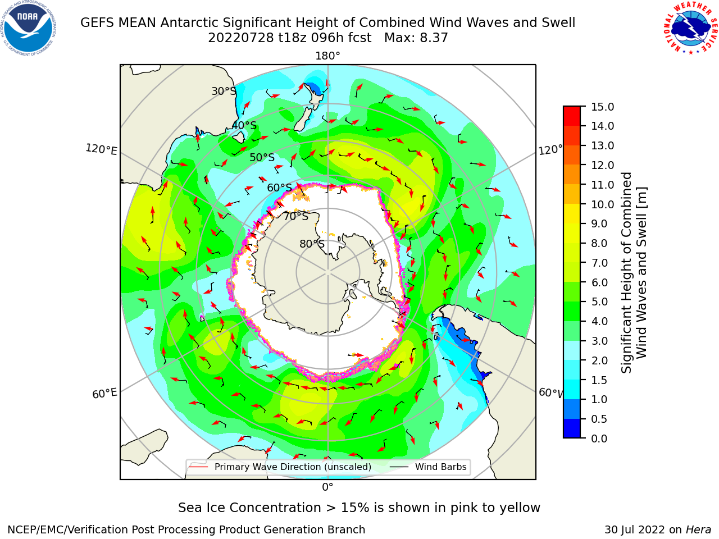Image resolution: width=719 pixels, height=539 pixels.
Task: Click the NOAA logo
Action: click(28, 29)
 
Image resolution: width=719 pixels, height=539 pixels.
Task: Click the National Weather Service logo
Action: click(690, 28)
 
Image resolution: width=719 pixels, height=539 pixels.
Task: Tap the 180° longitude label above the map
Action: click(327, 56)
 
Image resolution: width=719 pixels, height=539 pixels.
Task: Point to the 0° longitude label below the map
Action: click(327, 487)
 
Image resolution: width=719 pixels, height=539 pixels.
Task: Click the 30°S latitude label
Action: click(224, 91)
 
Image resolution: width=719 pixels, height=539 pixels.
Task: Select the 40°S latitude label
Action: click(244, 125)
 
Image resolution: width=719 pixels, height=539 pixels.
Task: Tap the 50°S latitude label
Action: click(262, 157)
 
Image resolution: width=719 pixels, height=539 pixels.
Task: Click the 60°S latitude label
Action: click(279, 188)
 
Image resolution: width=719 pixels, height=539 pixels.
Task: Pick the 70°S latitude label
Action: click(296, 216)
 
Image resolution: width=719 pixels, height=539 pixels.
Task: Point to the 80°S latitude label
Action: click(312, 244)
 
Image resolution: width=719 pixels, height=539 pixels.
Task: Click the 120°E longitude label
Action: click(101, 149)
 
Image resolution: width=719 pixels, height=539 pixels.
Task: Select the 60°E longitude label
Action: click(104, 394)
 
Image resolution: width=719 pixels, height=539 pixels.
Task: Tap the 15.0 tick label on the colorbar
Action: click(602, 107)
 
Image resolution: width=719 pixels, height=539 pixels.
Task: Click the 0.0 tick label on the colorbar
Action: click(599, 438)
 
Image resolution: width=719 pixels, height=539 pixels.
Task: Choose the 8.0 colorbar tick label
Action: click(599, 243)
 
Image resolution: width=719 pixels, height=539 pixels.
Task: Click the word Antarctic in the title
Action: click(189, 22)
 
